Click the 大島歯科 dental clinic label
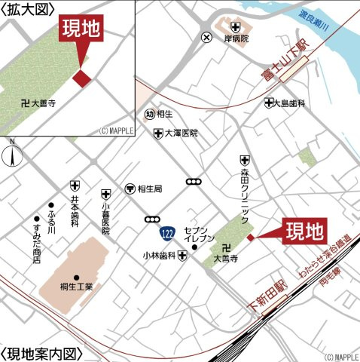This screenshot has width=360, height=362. click(290, 103)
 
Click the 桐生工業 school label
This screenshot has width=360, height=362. click(76, 287)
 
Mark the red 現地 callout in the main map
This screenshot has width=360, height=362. click(305, 230)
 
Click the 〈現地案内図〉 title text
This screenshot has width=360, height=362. click(41, 354)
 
